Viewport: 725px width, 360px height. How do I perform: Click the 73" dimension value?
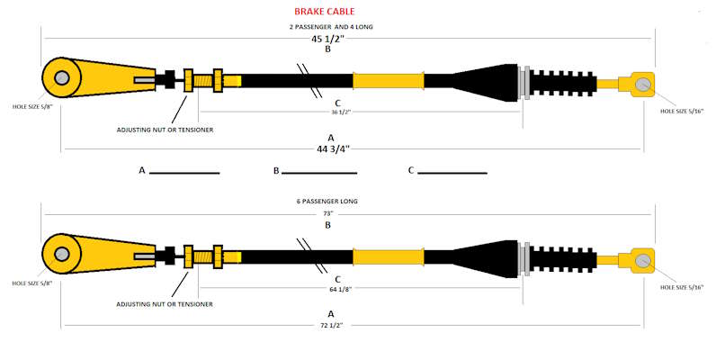coord(328,213)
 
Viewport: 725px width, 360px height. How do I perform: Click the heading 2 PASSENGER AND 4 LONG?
coord(330,27)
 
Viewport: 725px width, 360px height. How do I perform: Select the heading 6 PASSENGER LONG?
coord(330,202)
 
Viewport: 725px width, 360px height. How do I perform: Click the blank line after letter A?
coord(184,172)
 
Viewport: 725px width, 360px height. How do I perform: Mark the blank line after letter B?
coord(320,172)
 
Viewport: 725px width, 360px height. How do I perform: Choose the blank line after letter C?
coord(452,172)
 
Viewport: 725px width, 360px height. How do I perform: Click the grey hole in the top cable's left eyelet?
coord(61,78)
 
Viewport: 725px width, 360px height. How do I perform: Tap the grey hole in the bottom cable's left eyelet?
coord(61,254)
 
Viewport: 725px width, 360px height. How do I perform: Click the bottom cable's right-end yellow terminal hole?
coord(642,259)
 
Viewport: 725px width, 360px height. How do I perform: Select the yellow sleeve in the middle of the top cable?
coord(388,80)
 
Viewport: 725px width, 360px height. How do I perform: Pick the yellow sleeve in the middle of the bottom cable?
coord(388,256)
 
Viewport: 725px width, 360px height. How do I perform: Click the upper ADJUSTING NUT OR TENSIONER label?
coord(165,129)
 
